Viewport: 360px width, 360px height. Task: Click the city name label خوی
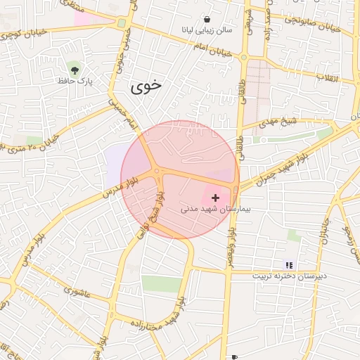click(x=146, y=86)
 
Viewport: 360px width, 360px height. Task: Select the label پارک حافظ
click(x=75, y=81)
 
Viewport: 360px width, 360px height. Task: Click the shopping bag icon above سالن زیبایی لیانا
click(x=207, y=19)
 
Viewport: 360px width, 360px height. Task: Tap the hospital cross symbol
click(x=215, y=198)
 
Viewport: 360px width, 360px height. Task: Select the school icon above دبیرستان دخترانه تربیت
click(x=289, y=265)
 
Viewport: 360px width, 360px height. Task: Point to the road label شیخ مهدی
click(x=278, y=122)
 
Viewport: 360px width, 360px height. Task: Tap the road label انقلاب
click(x=327, y=77)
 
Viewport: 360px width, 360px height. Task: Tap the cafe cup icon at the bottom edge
click(x=234, y=357)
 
